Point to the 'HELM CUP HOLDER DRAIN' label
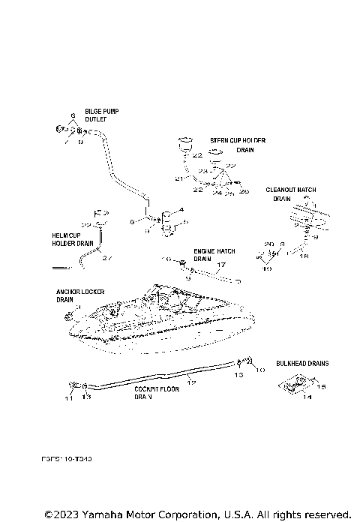click(x=73, y=239)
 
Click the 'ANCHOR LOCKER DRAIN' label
click(x=79, y=295)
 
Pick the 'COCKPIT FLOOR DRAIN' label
click(x=156, y=394)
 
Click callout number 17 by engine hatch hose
click(x=220, y=265)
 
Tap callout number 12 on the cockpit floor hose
click(x=191, y=382)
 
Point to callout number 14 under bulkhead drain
click(x=306, y=397)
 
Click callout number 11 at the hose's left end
click(x=68, y=398)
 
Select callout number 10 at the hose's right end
click(x=260, y=370)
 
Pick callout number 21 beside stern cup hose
click(x=178, y=179)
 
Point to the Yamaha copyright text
click(x=196, y=514)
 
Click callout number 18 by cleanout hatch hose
click(x=304, y=256)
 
